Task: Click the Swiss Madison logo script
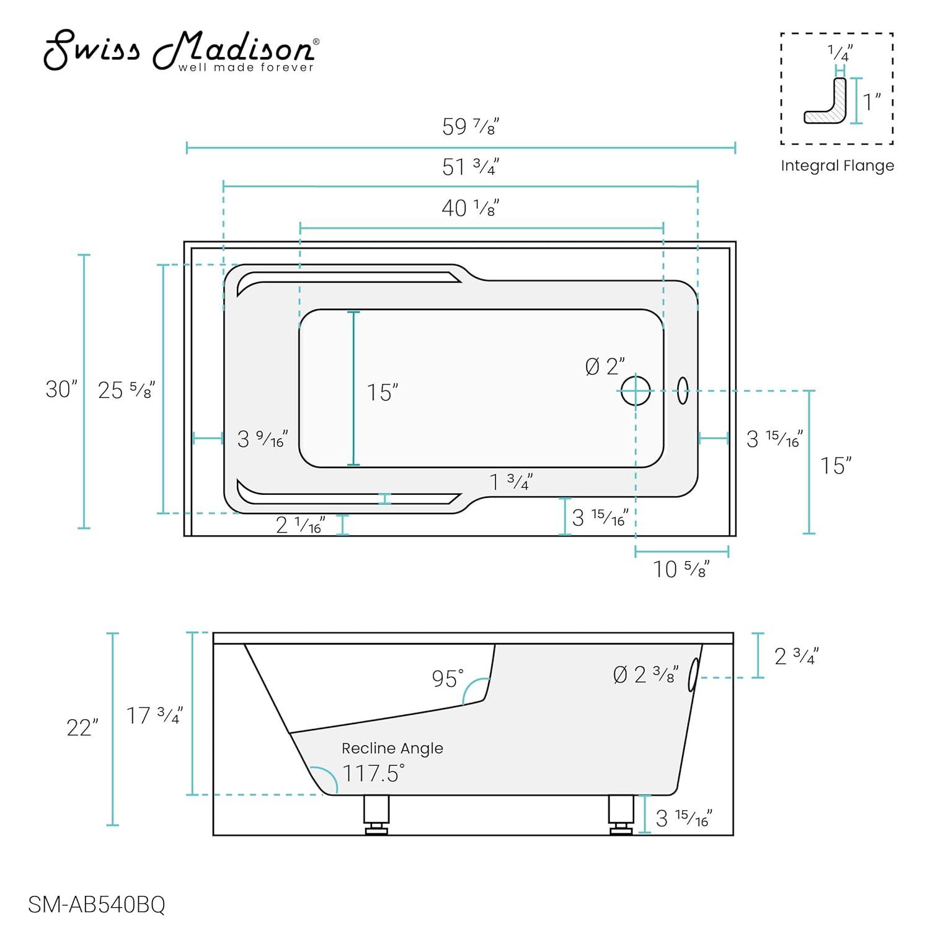[180, 50]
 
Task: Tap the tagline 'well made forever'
[246, 68]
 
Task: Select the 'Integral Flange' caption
[837, 166]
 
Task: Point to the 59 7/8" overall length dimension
[471, 126]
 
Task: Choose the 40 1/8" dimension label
[471, 208]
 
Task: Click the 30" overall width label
[61, 389]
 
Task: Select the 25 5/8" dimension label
[126, 390]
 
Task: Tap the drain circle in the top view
[635, 391]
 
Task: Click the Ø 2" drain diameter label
[604, 366]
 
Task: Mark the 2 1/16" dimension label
[300, 525]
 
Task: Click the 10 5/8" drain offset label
[681, 569]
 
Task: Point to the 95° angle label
[448, 678]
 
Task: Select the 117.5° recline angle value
[373, 773]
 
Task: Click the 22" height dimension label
[82, 728]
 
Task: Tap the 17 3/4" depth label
[154, 715]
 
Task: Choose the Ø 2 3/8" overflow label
[645, 675]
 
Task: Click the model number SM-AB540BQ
[97, 905]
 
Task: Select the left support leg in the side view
[376, 814]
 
